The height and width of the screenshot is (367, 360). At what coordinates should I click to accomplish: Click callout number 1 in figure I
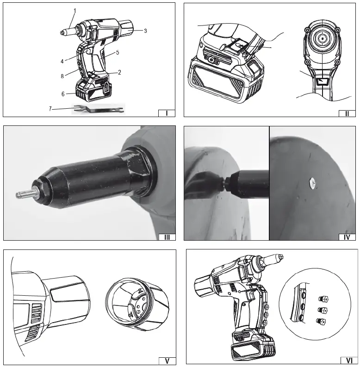coord(75,10)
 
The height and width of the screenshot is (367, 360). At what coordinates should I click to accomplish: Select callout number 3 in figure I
coord(145,31)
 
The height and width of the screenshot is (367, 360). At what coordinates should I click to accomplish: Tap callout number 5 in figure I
coord(118,52)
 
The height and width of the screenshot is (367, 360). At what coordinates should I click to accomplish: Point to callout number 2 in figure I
coord(119,72)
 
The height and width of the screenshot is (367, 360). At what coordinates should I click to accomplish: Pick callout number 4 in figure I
coord(62,61)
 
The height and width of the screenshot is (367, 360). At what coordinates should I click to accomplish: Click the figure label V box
coord(167,361)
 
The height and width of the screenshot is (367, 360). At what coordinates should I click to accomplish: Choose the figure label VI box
coord(347,361)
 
